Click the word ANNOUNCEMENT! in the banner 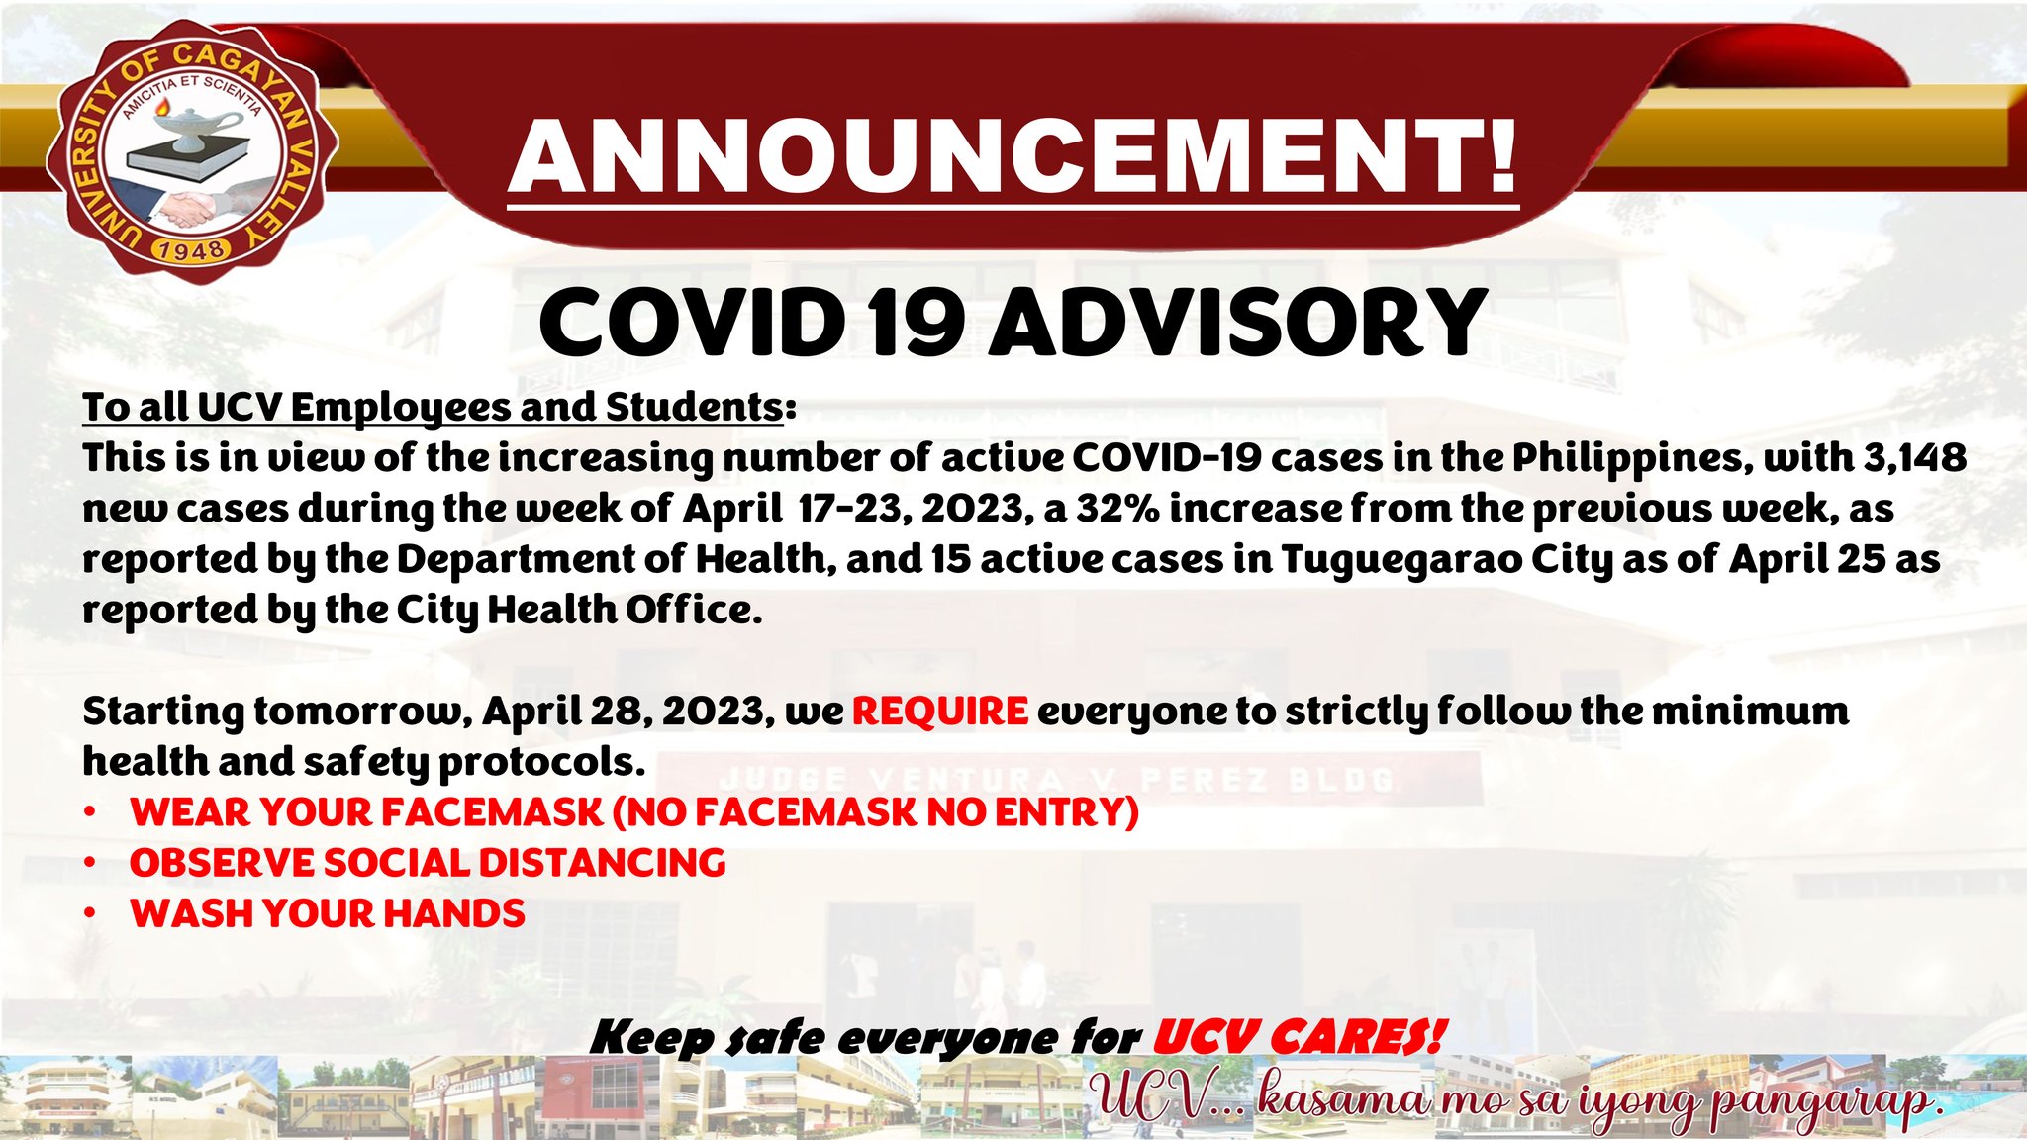[1013, 157]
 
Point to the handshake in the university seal [188, 208]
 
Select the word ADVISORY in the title [1237, 322]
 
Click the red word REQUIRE [940, 711]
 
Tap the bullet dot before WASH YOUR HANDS [90, 912]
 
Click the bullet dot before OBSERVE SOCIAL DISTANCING [90, 862]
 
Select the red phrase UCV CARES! [1299, 1038]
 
